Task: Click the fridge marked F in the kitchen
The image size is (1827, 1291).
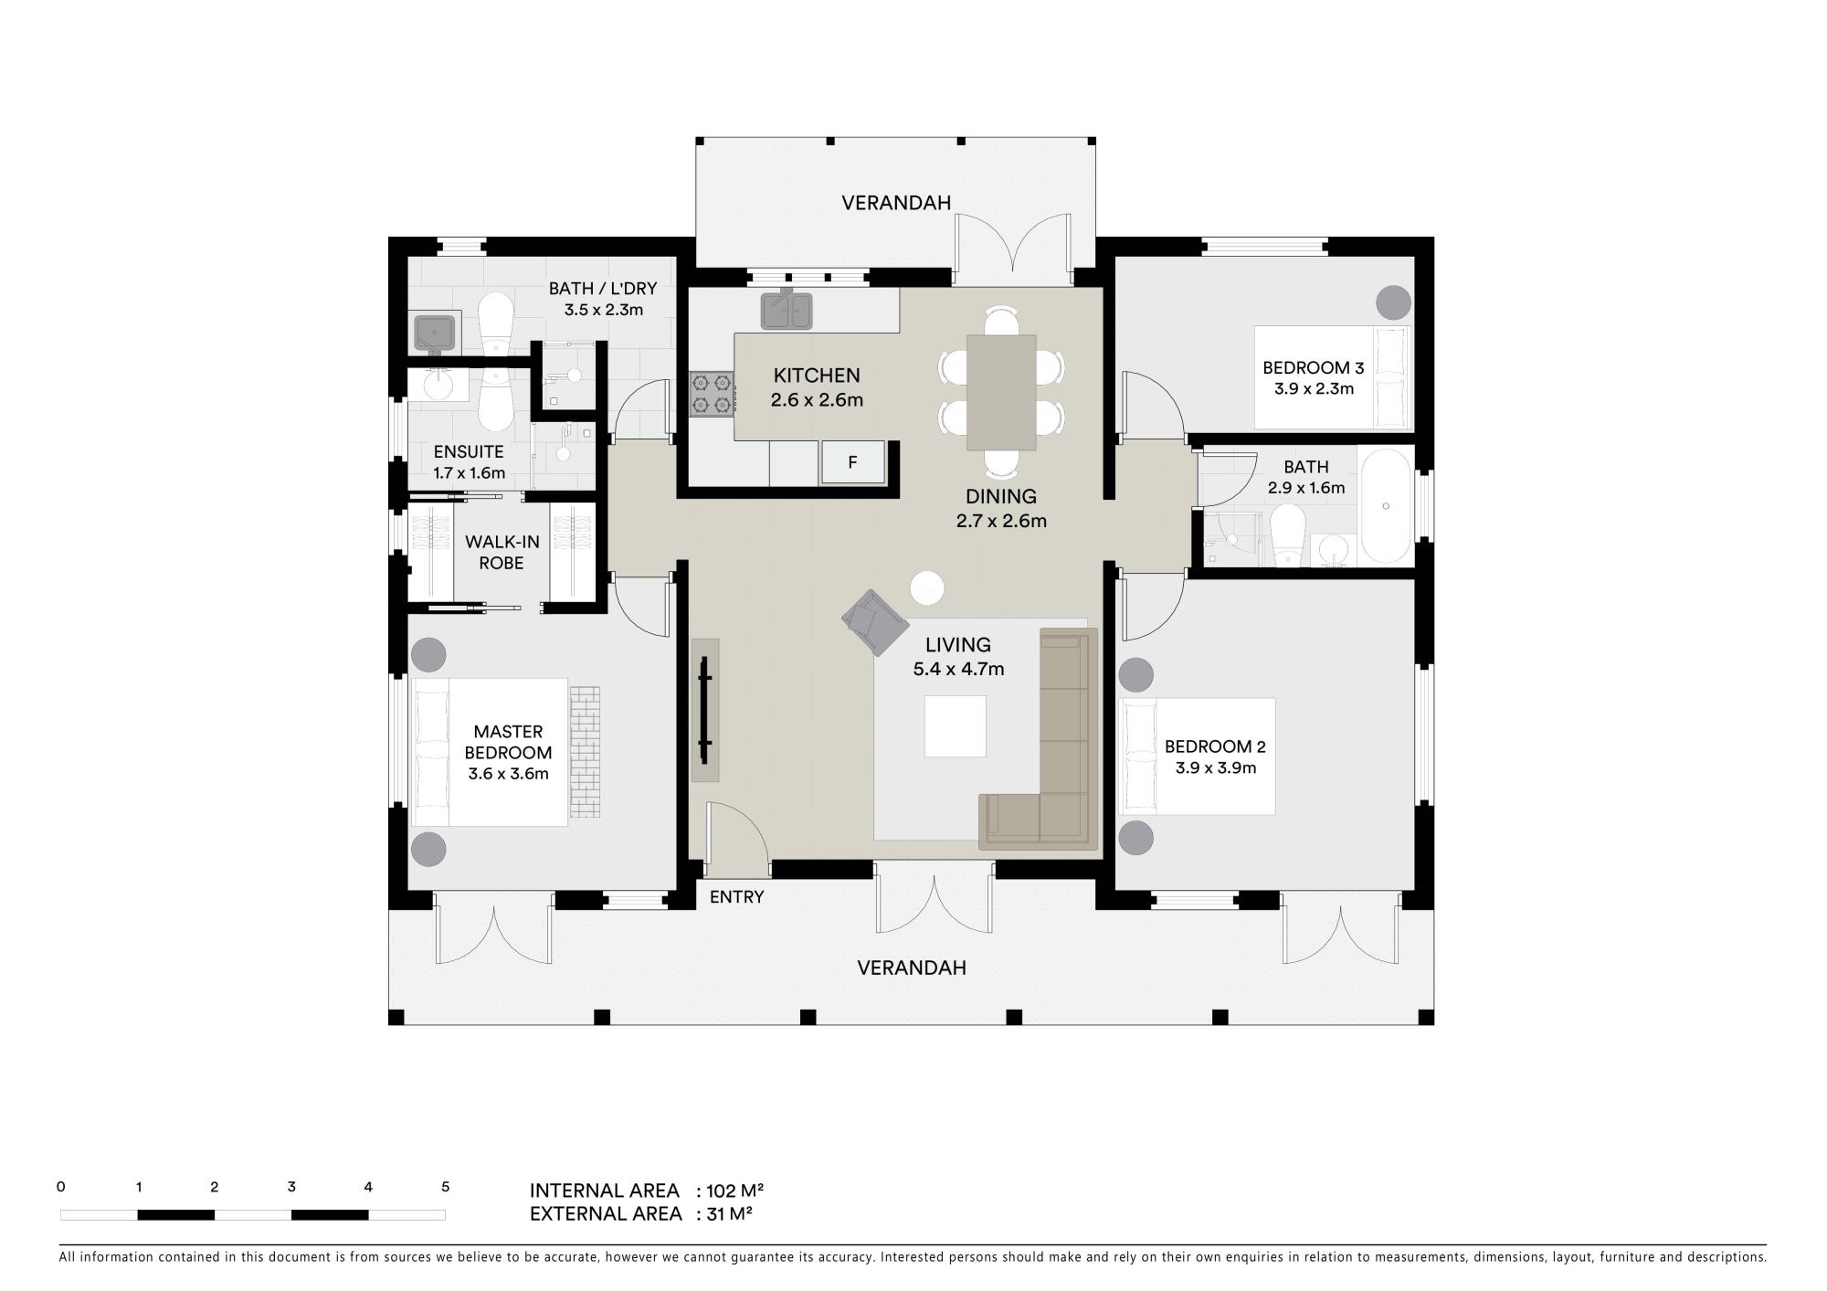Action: pos(853,461)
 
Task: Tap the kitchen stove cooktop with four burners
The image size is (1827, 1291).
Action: pos(712,394)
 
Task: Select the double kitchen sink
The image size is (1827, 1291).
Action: pos(787,309)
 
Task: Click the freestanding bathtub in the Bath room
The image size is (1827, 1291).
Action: pos(1386,506)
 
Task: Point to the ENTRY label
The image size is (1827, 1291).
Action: pos(736,897)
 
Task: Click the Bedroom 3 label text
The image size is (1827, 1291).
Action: pos(1314,368)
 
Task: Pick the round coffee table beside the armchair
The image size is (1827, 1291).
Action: pos(928,587)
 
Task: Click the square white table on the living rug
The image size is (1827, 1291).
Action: pos(956,726)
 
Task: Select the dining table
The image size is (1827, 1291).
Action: pos(1001,392)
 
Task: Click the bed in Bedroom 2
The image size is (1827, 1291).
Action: pos(1197,757)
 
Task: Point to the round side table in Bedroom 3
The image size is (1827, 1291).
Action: pos(1393,302)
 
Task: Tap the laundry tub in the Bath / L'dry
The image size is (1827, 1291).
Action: pos(438,333)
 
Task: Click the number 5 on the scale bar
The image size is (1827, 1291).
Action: pos(446,1187)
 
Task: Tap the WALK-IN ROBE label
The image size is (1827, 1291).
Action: pos(502,553)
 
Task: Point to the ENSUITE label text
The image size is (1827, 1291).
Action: pos(469,451)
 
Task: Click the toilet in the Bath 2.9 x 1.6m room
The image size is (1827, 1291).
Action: pos(1289,537)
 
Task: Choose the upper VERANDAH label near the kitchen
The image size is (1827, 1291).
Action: pos(896,203)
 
